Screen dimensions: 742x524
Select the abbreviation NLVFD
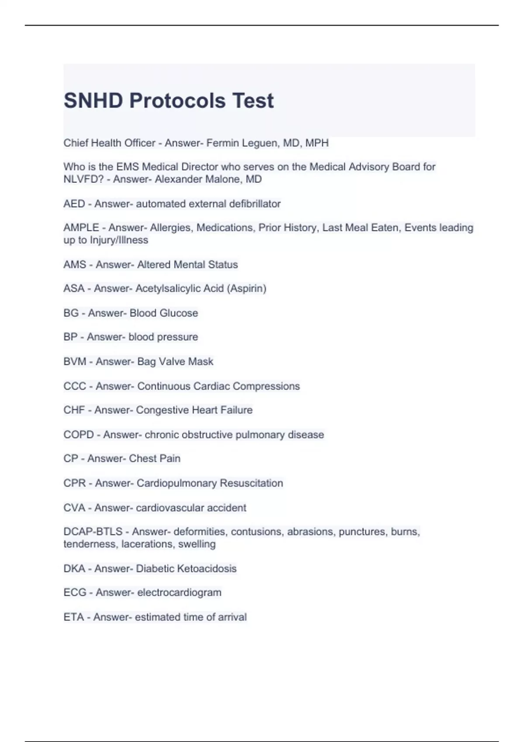click(83, 179)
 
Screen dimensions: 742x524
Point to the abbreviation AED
click(74, 204)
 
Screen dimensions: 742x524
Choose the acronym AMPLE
click(81, 228)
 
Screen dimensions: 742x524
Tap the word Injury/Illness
click(119, 240)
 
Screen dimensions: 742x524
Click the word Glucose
click(179, 313)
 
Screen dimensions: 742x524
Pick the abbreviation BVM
click(75, 362)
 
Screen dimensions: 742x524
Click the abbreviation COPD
click(79, 435)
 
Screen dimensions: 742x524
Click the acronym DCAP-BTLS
click(93, 532)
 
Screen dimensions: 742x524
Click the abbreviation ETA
click(73, 617)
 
